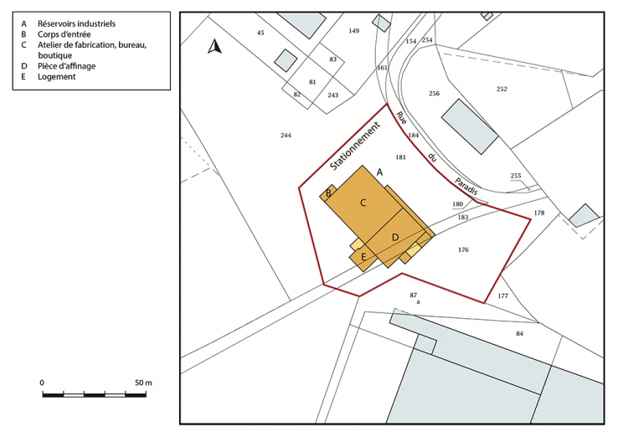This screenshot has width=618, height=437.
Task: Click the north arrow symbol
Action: tap(214, 47)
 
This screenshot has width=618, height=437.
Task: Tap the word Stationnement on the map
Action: tap(354, 147)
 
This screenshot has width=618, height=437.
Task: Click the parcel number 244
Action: tap(286, 135)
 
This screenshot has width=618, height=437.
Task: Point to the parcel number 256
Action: tap(434, 93)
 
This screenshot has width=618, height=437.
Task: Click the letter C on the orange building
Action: tap(363, 203)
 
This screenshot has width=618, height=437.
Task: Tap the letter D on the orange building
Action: tap(395, 238)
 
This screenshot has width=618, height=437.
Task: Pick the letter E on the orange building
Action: tap(363, 257)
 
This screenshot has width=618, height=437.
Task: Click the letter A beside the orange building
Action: tap(379, 172)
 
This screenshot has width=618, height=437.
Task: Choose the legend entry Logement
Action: tap(57, 76)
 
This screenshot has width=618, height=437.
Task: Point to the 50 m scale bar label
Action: tap(142, 383)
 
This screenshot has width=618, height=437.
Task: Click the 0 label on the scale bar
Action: tap(42, 383)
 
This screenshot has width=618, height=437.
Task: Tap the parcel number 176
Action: tap(463, 249)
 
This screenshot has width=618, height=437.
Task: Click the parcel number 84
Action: tap(519, 333)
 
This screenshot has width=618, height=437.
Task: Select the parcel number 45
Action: tap(260, 32)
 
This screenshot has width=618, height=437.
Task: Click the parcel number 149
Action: tap(353, 30)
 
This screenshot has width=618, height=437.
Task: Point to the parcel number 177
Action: tap(502, 296)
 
